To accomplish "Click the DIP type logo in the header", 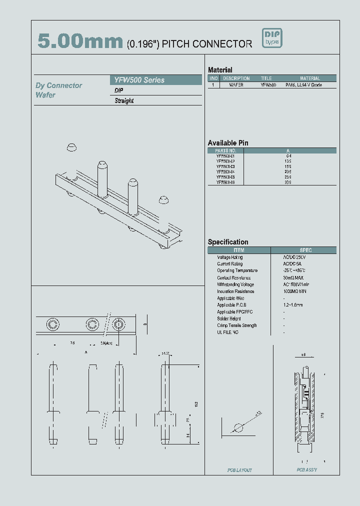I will (272, 38).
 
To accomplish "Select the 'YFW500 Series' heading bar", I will (155, 80).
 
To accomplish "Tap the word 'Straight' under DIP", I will (124, 100).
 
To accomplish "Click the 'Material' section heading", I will (220, 70).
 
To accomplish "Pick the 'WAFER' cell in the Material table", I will (236, 85).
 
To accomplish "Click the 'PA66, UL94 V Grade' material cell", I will (303, 85).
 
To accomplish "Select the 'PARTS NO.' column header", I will (225, 150).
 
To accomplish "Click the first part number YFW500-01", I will (225, 156).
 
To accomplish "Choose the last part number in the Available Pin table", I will (225, 182).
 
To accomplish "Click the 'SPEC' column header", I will (305, 250).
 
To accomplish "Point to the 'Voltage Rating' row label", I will (230, 257).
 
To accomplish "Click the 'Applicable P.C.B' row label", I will (231, 305).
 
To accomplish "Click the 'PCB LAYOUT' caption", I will (239, 470).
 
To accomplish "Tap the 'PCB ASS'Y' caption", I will (306, 470).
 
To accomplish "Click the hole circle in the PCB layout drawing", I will (238, 428).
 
